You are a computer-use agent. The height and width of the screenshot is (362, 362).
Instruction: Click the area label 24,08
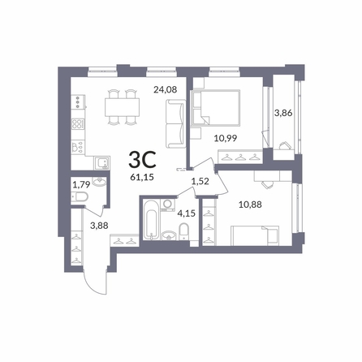(x=166, y=89)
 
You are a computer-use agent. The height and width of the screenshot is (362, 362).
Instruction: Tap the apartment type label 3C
(x=142, y=160)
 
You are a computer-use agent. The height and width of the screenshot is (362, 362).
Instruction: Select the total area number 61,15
(x=142, y=177)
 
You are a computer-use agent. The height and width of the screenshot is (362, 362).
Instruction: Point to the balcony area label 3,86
(x=283, y=113)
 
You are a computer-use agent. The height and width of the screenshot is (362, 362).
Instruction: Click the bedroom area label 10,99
(x=226, y=138)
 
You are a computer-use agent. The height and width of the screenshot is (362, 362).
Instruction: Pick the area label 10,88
(x=250, y=205)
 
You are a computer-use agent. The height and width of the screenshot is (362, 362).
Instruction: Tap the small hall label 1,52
(x=200, y=181)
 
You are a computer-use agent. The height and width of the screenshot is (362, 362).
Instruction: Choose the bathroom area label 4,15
(x=186, y=213)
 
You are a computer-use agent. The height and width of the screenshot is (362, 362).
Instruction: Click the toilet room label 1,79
(x=81, y=185)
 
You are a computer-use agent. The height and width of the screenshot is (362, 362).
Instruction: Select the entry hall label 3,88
(x=99, y=226)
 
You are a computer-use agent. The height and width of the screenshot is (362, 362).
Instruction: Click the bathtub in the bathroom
(x=151, y=220)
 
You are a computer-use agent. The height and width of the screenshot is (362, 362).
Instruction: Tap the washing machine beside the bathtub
(x=168, y=205)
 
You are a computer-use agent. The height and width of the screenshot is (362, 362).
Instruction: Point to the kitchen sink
(x=101, y=163)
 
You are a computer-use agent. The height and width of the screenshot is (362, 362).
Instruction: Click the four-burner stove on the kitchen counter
(x=78, y=124)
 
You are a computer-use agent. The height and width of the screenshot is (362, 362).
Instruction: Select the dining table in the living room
(x=123, y=107)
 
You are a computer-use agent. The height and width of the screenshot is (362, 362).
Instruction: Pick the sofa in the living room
(x=176, y=123)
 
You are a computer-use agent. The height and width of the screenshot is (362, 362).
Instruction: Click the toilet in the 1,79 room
(x=80, y=196)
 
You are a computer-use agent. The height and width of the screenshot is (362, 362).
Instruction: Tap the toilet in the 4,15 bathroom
(x=184, y=231)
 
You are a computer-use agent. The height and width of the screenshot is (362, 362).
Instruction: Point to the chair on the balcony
(x=284, y=146)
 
